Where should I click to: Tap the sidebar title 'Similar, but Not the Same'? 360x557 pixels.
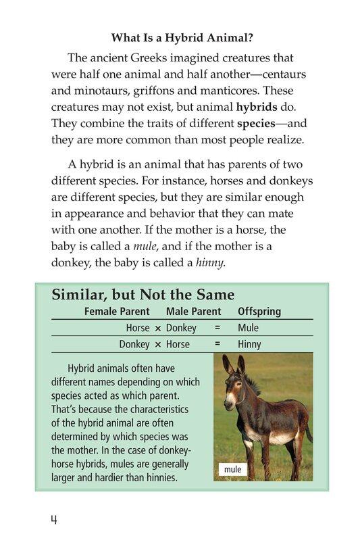point(143,295)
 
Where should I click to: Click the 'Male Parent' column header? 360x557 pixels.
point(193,312)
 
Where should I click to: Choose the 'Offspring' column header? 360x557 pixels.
point(259,312)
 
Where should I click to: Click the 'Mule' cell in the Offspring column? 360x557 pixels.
point(248,328)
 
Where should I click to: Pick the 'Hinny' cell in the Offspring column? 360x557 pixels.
point(249,344)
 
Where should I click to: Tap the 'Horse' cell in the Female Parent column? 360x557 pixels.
point(138,328)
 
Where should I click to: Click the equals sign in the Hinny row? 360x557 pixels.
point(217,344)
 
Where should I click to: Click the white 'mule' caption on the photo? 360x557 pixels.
point(232,469)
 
